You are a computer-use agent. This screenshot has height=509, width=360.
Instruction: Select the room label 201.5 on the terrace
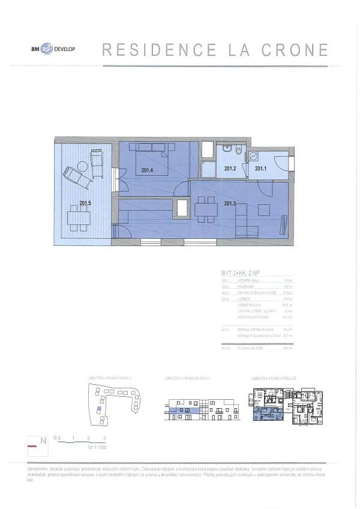coord(85,202)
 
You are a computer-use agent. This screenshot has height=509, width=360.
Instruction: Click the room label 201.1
coord(260,169)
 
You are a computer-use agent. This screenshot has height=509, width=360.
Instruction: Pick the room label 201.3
coord(230,203)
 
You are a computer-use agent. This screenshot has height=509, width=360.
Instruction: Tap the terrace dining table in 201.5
coord(79,218)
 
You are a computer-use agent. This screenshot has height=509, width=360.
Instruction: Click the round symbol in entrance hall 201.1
coord(253,156)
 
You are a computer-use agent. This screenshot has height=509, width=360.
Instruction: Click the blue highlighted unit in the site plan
coord(98,408)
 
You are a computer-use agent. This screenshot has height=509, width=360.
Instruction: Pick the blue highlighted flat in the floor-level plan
coord(264,413)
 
